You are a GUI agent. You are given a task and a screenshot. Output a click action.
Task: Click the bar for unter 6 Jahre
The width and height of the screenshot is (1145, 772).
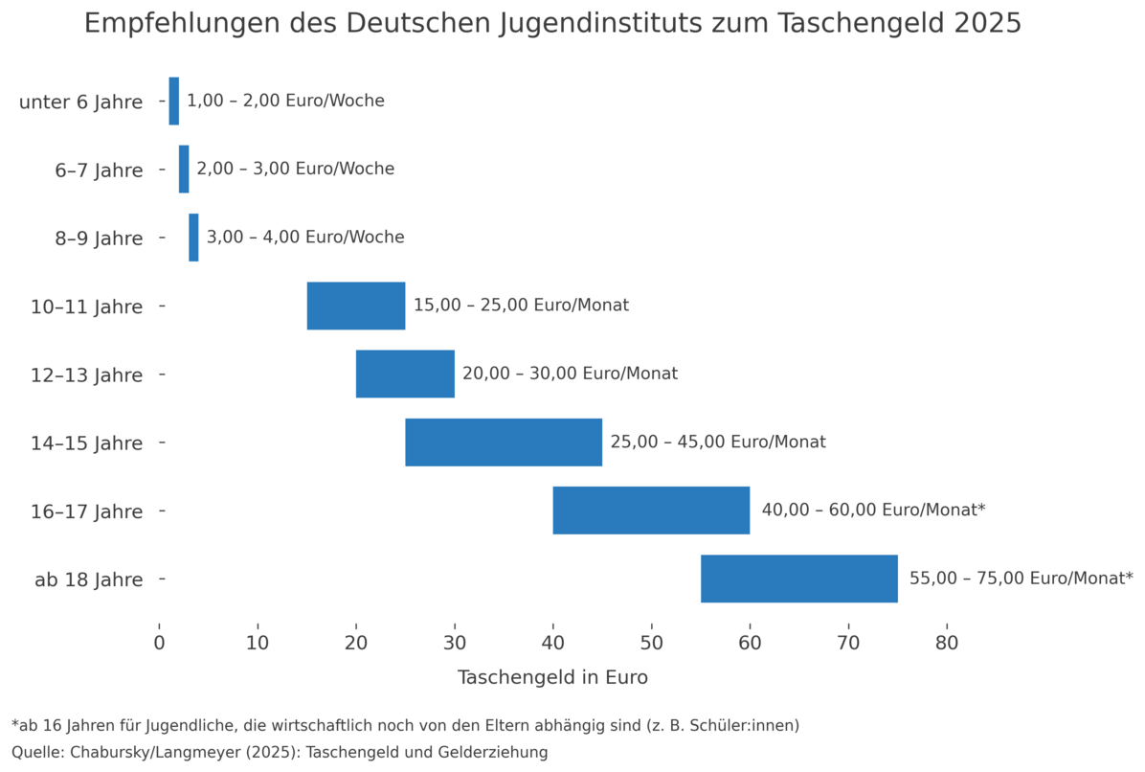[x=173, y=101]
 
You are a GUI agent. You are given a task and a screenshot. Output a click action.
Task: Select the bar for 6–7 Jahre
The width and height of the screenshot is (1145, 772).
[x=184, y=169]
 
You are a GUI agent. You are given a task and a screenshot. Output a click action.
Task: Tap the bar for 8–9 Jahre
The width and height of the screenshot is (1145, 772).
[x=193, y=237]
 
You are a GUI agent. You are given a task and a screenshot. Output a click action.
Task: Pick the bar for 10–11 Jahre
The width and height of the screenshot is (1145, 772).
[x=356, y=306]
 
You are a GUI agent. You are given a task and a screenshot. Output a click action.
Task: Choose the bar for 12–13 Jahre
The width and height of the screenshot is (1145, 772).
[x=405, y=374]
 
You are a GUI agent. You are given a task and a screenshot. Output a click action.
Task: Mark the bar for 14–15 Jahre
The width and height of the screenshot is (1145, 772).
[x=504, y=443]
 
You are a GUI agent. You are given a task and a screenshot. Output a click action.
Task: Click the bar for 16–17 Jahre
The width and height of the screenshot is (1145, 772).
[x=651, y=511]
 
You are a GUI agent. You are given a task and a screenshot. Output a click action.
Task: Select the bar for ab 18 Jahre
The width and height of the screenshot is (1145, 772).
[x=799, y=579]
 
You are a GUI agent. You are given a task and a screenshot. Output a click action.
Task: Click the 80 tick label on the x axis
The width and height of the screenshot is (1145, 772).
[x=947, y=643]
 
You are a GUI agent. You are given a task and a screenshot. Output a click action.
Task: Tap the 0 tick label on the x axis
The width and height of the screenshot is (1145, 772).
[x=160, y=643]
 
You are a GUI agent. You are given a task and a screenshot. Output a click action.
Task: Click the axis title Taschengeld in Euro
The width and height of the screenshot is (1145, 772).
[x=552, y=678]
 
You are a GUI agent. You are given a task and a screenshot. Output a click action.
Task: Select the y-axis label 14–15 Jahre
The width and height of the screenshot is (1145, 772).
[x=85, y=443]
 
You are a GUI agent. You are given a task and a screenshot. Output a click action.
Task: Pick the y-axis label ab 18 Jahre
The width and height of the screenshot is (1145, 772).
[x=89, y=579]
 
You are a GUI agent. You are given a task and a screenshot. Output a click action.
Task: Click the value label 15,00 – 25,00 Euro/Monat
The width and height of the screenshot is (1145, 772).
[x=521, y=306]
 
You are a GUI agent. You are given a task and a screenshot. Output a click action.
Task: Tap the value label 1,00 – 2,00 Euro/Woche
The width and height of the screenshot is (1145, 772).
[x=285, y=101]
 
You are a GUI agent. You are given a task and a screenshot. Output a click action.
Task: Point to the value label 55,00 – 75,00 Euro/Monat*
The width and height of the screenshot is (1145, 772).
[x=1021, y=579]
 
